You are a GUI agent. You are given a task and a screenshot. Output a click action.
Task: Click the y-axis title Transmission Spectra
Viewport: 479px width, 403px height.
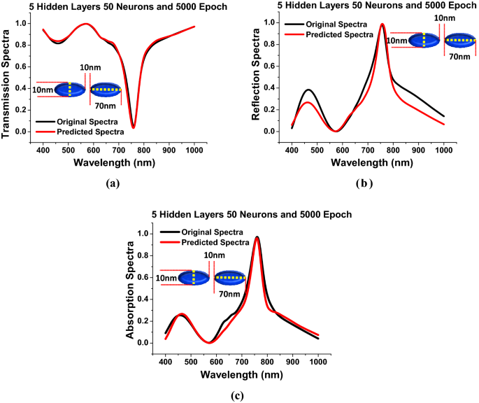click(x=7, y=78)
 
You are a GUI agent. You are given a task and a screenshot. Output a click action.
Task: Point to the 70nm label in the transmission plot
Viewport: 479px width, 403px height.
click(x=103, y=106)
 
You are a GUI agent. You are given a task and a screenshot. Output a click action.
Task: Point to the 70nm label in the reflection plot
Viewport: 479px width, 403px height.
click(x=459, y=56)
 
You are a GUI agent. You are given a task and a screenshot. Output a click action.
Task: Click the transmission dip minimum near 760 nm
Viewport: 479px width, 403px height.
click(x=134, y=127)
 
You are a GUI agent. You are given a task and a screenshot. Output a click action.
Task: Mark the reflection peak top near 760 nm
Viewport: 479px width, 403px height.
click(x=383, y=24)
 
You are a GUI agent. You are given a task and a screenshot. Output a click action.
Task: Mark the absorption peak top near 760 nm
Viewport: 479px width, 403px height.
click(x=257, y=237)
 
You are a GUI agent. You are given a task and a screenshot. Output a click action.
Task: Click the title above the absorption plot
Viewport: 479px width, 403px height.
click(x=241, y=214)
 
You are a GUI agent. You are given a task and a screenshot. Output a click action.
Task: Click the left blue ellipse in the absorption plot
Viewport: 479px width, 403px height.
click(x=193, y=278)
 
